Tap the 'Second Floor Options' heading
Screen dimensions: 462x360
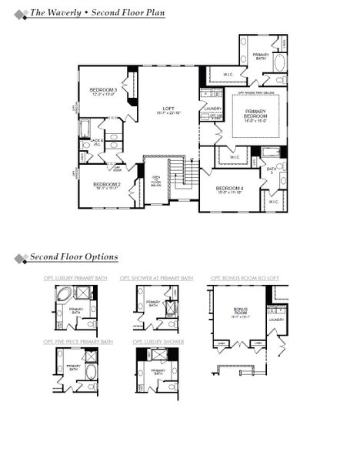74,257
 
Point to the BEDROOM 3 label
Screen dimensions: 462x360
104,92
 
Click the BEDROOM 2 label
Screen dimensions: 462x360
107,185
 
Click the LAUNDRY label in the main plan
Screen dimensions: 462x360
212,109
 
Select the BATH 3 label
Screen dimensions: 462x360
272,171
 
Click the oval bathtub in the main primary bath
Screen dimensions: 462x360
278,62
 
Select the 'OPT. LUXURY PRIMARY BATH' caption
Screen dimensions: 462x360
76,278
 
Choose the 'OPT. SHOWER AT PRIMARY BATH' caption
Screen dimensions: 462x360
156,278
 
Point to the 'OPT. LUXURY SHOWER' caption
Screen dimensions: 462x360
158,341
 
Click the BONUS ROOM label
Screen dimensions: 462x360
241,312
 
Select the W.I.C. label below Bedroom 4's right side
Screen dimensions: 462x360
275,203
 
